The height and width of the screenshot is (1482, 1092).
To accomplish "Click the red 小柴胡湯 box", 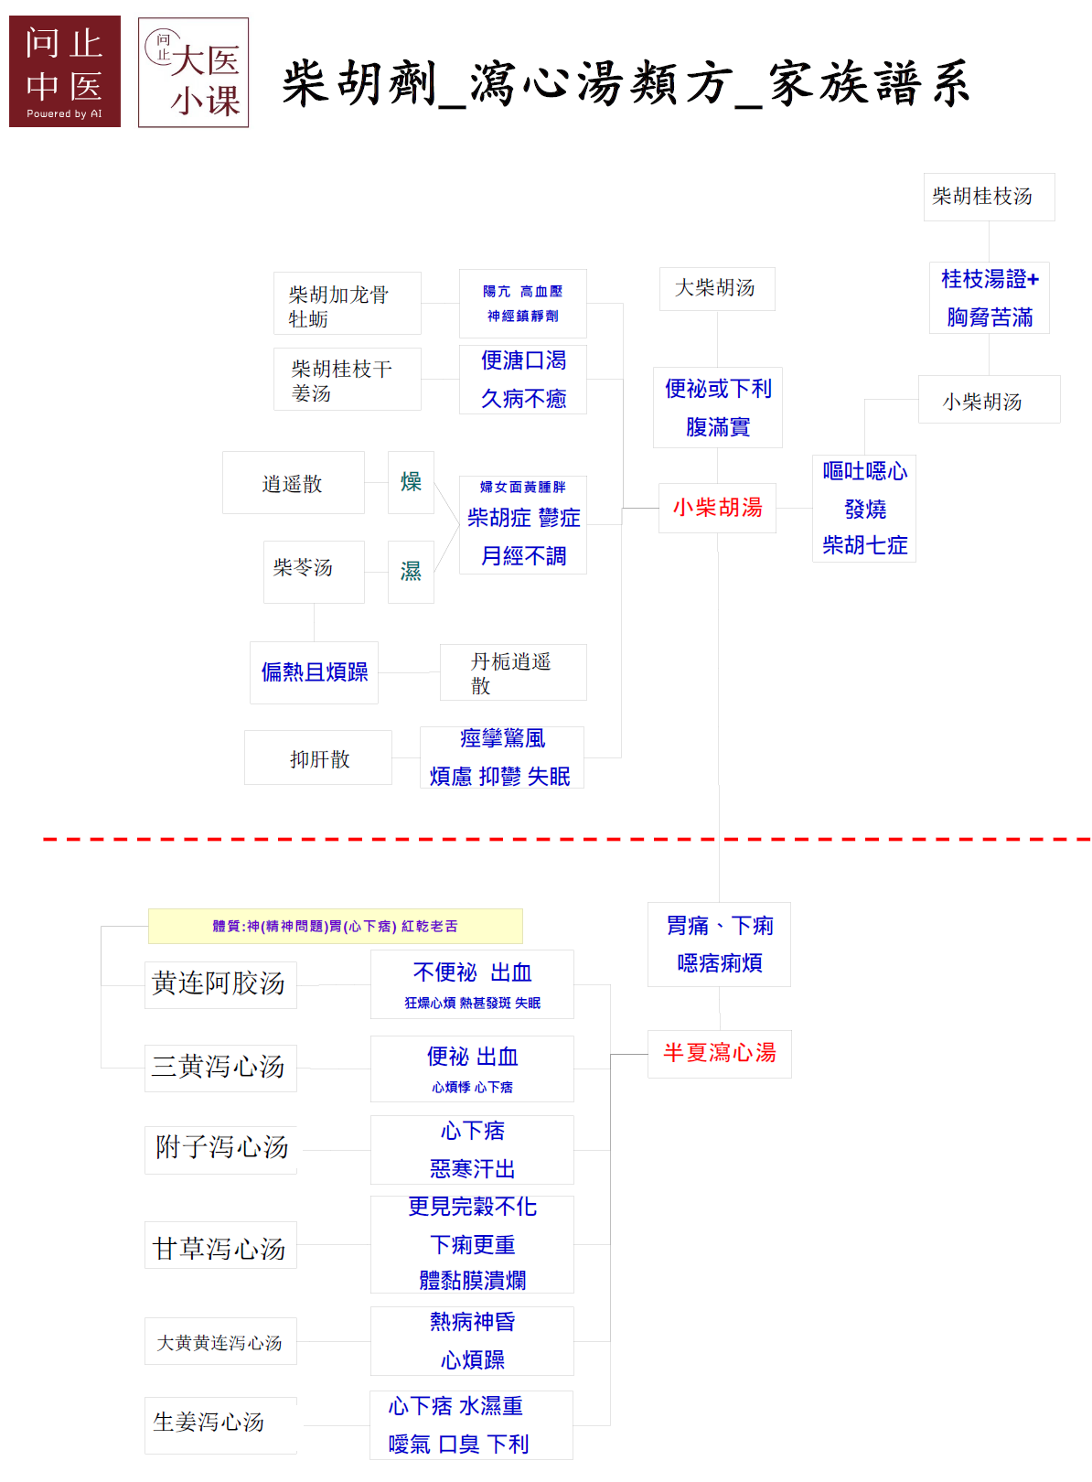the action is pyautogui.click(x=717, y=508).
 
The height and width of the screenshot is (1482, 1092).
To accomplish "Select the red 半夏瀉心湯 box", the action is pyautogui.click(x=719, y=1053).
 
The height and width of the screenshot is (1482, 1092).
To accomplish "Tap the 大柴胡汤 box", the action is pyautogui.click(x=717, y=288).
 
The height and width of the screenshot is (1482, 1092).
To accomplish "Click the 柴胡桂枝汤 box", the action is pyautogui.click(x=989, y=197).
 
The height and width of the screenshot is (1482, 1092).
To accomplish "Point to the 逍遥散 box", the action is pyautogui.click(x=293, y=482).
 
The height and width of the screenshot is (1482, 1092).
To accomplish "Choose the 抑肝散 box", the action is pyautogui.click(x=318, y=757).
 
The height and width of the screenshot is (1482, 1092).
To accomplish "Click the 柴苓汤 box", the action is pyautogui.click(x=314, y=572).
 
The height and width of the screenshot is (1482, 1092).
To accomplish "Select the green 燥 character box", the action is pyautogui.click(x=411, y=482).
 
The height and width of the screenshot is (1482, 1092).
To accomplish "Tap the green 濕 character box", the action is pyautogui.click(x=411, y=572).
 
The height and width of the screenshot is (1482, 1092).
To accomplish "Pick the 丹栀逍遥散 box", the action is pyautogui.click(x=513, y=672).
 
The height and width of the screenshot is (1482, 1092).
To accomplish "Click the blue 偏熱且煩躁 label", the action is pyautogui.click(x=315, y=672).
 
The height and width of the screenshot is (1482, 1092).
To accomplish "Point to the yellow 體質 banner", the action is pyautogui.click(x=336, y=926).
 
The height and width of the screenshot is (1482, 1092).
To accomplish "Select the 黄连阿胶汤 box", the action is pyautogui.click(x=220, y=985).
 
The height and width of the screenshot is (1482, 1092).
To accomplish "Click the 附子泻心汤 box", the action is pyautogui.click(x=220, y=1150).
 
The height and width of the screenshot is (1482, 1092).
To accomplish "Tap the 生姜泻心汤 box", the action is pyautogui.click(x=220, y=1425).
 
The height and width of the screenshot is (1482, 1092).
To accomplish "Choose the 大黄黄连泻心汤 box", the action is pyautogui.click(x=220, y=1341).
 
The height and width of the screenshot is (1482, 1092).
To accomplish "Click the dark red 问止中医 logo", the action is pyautogui.click(x=65, y=71).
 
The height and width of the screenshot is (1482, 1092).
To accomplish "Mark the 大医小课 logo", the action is pyautogui.click(x=193, y=72).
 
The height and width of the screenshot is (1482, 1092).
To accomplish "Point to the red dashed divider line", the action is pyautogui.click(x=567, y=839).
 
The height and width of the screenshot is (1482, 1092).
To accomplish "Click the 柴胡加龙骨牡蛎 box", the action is pyautogui.click(x=348, y=303).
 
